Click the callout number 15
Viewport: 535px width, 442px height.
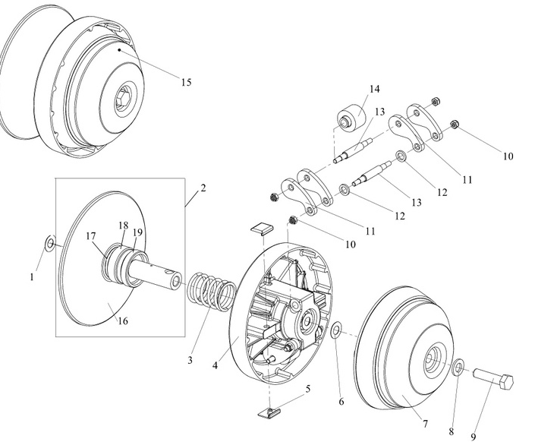tap(185, 82)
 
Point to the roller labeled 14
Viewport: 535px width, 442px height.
tap(351, 116)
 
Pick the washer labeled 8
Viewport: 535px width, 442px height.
tap(459, 368)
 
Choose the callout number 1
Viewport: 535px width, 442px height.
tap(33, 277)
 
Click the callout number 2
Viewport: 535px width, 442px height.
tap(203, 187)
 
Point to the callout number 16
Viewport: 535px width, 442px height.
tap(122, 320)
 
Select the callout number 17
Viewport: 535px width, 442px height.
tap(91, 235)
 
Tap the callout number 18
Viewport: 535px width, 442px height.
tap(123, 226)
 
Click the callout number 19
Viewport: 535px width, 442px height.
tap(137, 232)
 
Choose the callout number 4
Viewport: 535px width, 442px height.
tap(216, 365)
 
